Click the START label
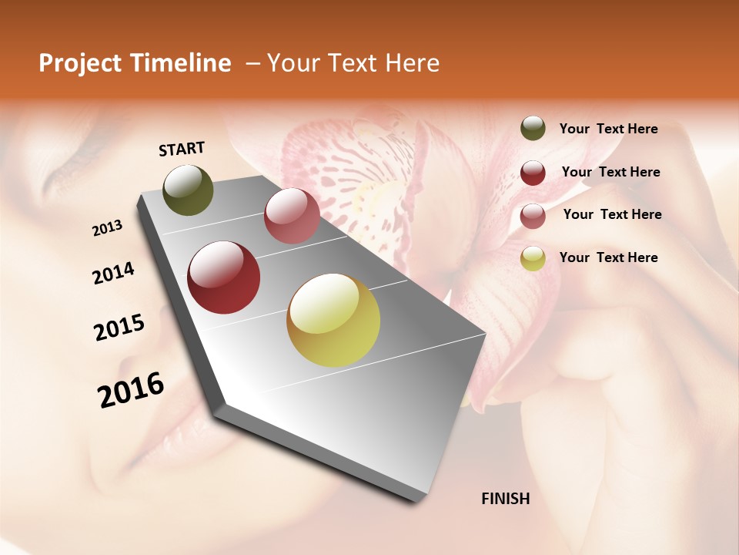(x=182, y=149)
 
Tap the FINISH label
(x=505, y=499)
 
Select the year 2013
(x=108, y=227)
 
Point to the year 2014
(x=113, y=273)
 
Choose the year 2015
(x=119, y=328)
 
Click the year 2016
(x=131, y=389)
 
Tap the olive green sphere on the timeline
(x=189, y=190)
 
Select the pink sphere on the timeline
(x=292, y=216)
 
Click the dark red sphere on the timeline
(x=224, y=277)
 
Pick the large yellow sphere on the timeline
(x=333, y=320)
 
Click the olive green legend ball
(x=533, y=128)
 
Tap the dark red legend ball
(x=533, y=172)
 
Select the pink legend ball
(x=533, y=215)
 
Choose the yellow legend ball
(x=533, y=258)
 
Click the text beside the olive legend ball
(x=608, y=129)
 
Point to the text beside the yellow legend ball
(x=608, y=257)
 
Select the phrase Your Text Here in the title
(x=353, y=63)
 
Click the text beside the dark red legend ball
(x=610, y=172)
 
